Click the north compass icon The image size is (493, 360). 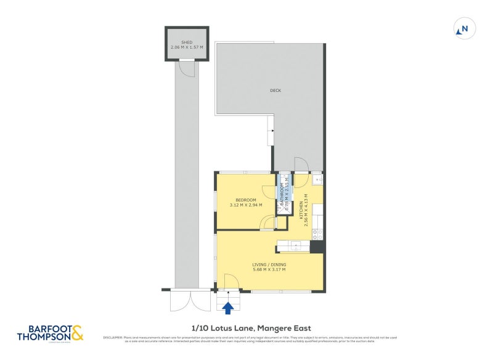(x=463, y=28)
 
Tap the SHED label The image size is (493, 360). (x=187, y=41)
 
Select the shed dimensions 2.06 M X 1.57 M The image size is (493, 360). (x=187, y=47)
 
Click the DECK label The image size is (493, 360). (x=275, y=91)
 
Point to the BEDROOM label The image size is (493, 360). (x=246, y=200)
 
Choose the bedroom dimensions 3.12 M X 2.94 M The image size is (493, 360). (x=246, y=205)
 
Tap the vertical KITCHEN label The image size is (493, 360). (x=301, y=211)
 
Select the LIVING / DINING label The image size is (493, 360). (x=269, y=264)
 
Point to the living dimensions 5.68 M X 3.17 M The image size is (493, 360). (x=269, y=269)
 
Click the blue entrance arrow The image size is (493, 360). (x=229, y=307)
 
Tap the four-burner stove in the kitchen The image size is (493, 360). (x=318, y=234)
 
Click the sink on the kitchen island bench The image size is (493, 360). (x=296, y=246)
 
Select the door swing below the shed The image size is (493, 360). (x=187, y=68)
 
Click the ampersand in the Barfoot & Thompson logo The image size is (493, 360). (x=77, y=334)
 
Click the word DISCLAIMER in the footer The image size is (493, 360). (x=114, y=337)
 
